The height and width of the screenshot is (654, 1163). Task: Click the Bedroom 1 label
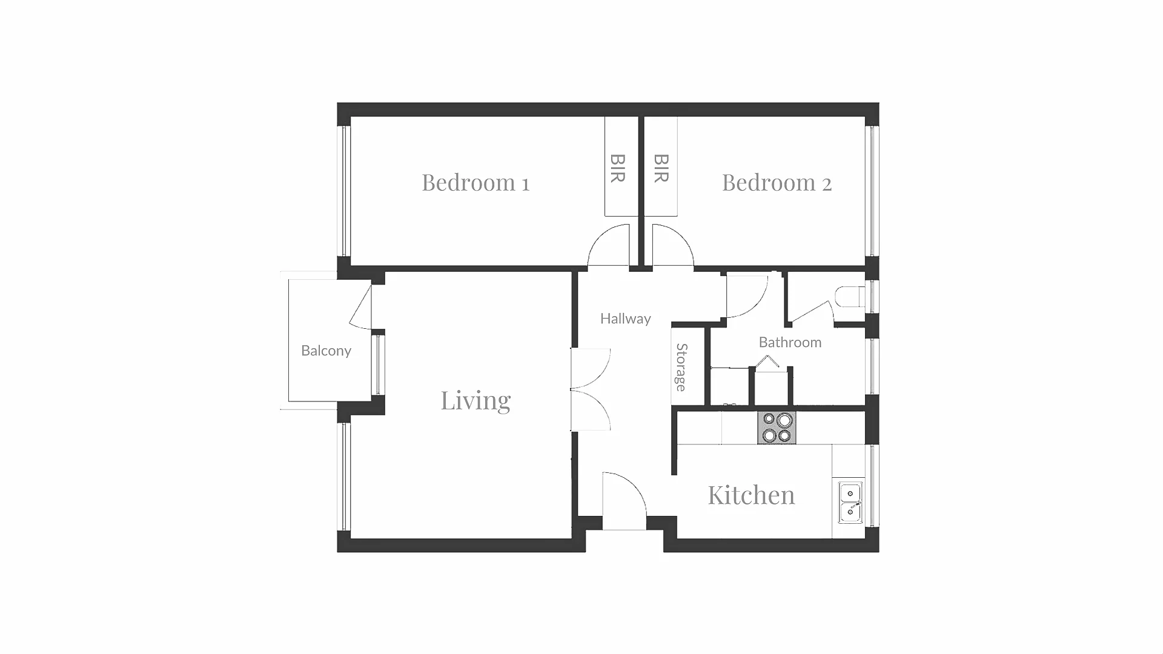pyautogui.click(x=475, y=182)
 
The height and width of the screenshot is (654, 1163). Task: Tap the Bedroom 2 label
pyautogui.click(x=777, y=182)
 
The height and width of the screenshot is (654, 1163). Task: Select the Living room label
pyautogui.click(x=475, y=401)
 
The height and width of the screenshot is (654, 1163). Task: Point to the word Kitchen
pyautogui.click(x=751, y=495)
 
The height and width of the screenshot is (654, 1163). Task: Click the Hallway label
pyautogui.click(x=625, y=319)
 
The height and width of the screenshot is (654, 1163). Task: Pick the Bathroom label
pyautogui.click(x=790, y=342)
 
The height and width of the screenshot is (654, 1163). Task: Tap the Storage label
pyautogui.click(x=681, y=367)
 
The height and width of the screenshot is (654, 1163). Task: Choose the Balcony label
pyautogui.click(x=326, y=351)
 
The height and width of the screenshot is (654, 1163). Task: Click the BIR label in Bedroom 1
pyautogui.click(x=618, y=168)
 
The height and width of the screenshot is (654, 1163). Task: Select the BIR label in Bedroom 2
pyautogui.click(x=661, y=168)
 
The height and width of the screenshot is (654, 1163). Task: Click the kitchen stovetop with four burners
pyautogui.click(x=777, y=428)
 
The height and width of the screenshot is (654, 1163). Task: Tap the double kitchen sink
pyautogui.click(x=850, y=503)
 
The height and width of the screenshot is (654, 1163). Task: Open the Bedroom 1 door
pyautogui.click(x=609, y=245)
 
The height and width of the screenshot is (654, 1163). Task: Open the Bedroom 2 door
pyautogui.click(x=673, y=245)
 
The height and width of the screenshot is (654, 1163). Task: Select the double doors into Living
pyautogui.click(x=591, y=389)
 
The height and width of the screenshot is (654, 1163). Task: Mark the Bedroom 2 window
pyautogui.click(x=872, y=191)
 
